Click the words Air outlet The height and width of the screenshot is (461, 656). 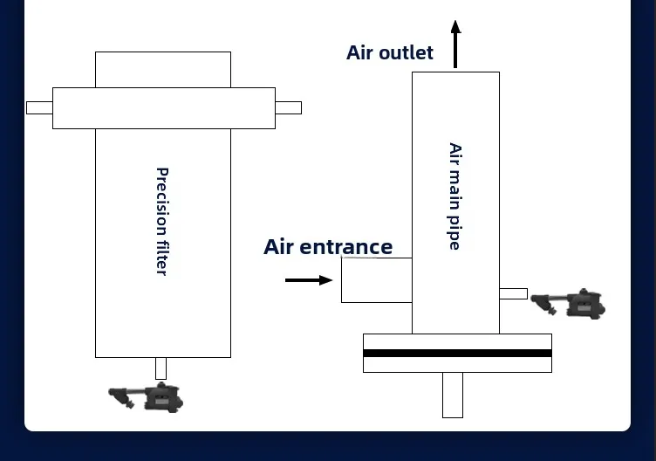tap(390, 52)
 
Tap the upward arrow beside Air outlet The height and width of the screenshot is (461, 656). tap(455, 44)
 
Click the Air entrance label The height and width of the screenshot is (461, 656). tap(328, 246)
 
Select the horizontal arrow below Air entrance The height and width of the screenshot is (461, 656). tap(309, 280)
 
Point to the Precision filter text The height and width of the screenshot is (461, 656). tap(162, 222)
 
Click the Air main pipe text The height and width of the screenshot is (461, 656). tap(454, 196)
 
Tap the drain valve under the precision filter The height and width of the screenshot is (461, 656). tap(146, 397)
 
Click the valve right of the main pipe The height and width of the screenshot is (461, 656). tap(568, 304)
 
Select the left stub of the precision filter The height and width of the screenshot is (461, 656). tap(39, 107)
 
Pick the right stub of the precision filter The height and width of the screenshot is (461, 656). tap(288, 107)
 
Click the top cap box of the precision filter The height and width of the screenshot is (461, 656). tap(163, 70)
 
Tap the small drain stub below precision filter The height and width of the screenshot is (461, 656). tap(161, 368)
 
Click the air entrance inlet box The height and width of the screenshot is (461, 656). tap(377, 280)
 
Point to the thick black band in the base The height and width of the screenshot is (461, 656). tap(457, 353)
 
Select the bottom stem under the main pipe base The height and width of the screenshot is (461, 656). tap(453, 395)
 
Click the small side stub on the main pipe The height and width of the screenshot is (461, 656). tap(513, 293)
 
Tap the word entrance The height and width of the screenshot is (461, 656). tap(346, 247)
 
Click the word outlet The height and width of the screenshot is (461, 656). tap(406, 52)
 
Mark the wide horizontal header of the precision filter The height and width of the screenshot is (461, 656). tap(164, 108)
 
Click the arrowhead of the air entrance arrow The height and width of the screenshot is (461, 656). tap(326, 280)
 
